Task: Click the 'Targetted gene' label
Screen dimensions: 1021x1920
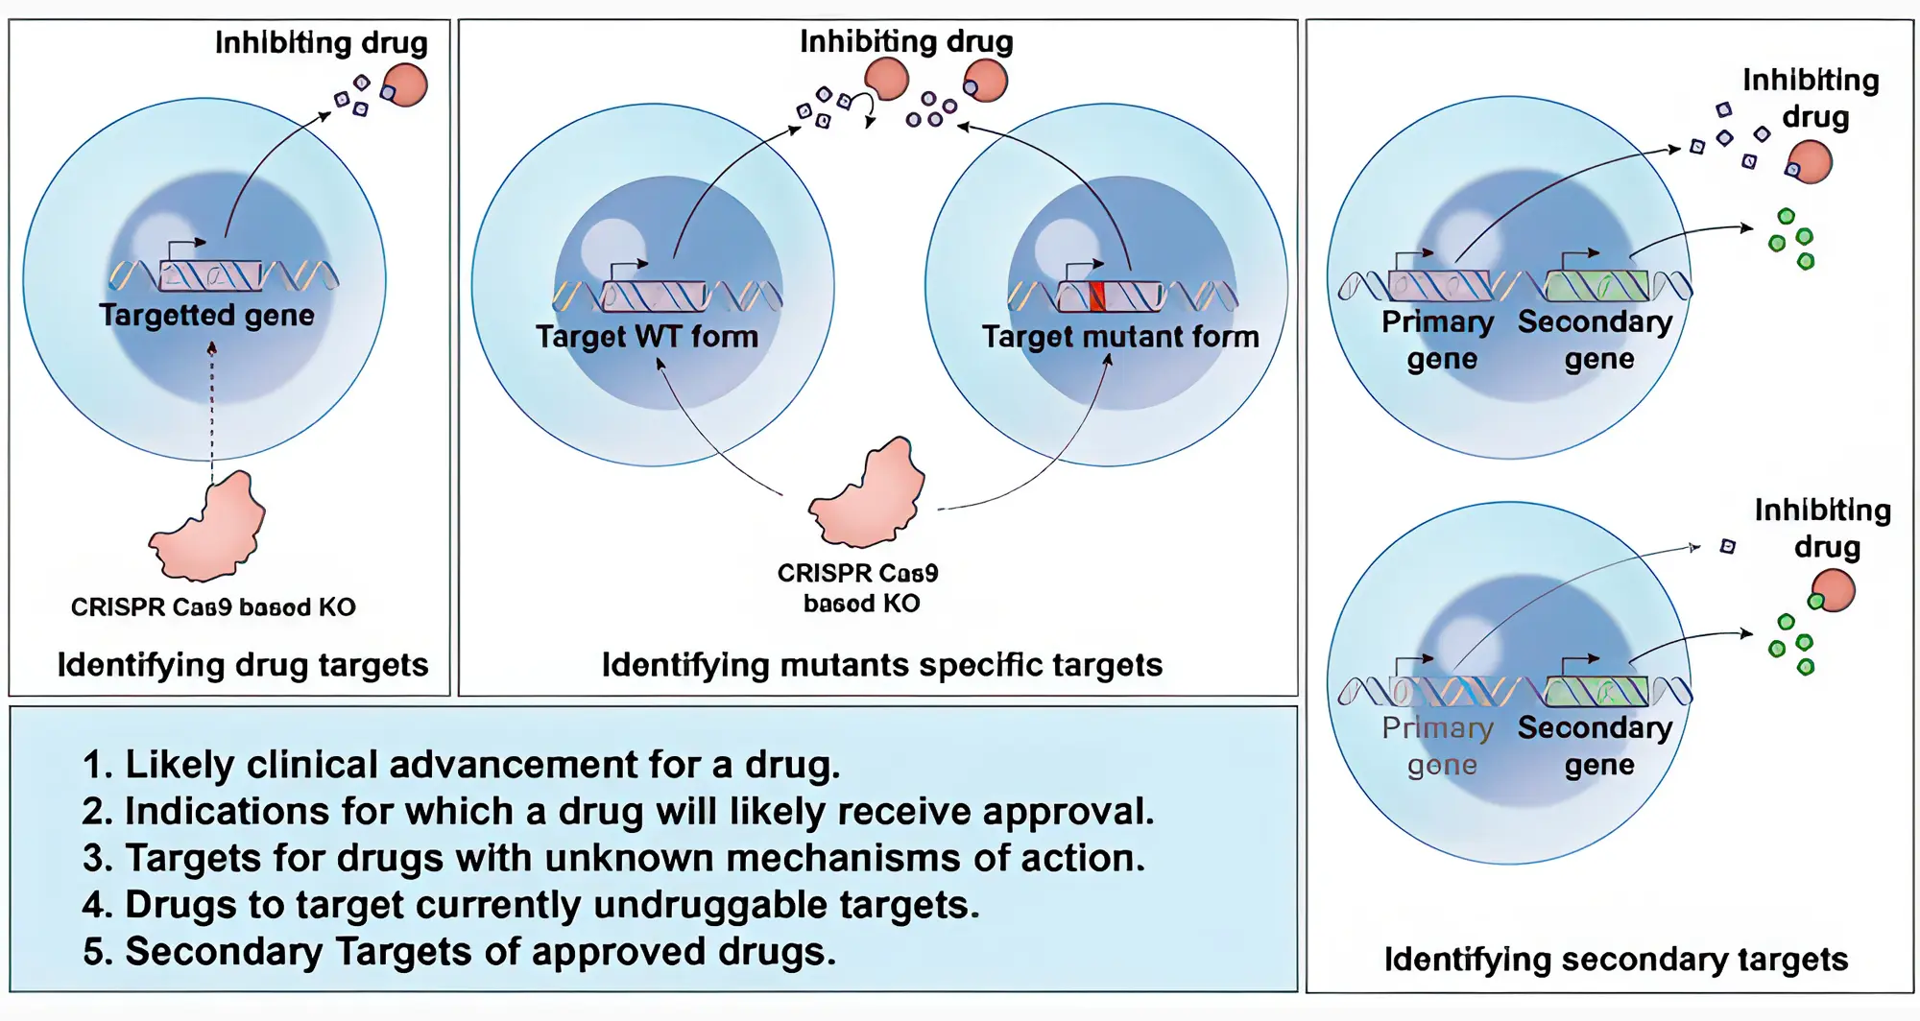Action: (206, 315)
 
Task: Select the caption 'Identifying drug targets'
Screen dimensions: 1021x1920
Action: (243, 665)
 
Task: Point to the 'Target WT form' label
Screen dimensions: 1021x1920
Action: (647, 337)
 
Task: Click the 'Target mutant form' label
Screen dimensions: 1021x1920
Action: (1119, 337)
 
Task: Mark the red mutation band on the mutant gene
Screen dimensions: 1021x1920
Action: (1097, 296)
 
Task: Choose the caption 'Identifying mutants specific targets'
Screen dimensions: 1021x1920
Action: (881, 665)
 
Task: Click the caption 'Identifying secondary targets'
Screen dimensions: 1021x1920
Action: (1616, 959)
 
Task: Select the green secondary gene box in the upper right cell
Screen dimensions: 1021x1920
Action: (1596, 286)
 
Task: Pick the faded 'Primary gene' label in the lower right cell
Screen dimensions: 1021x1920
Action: (1438, 746)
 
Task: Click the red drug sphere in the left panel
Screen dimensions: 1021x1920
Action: (406, 84)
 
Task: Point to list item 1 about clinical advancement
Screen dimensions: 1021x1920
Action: (461, 765)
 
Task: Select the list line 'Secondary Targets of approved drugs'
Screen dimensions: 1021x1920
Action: (459, 952)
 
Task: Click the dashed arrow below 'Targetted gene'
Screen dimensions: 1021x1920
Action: (212, 413)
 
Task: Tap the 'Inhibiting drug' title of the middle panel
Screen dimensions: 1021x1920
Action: (906, 41)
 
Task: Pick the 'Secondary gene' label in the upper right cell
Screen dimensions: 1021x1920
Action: (1596, 339)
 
